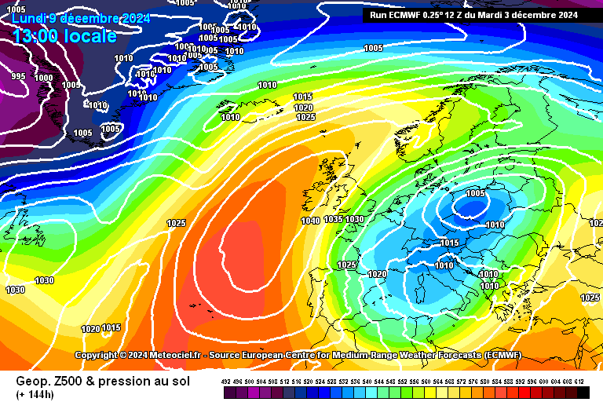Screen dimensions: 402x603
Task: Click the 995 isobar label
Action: point(18,76)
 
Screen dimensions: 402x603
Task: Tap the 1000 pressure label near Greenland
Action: point(44,78)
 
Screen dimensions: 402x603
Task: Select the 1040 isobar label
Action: point(310,221)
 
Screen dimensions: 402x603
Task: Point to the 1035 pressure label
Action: point(333,219)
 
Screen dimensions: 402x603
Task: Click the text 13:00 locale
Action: point(64,35)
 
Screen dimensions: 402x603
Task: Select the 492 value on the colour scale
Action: point(227,381)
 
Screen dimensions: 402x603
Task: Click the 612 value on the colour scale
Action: point(579,381)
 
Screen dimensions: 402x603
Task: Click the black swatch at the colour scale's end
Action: point(583,392)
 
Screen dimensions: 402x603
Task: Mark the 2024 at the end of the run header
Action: point(568,14)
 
